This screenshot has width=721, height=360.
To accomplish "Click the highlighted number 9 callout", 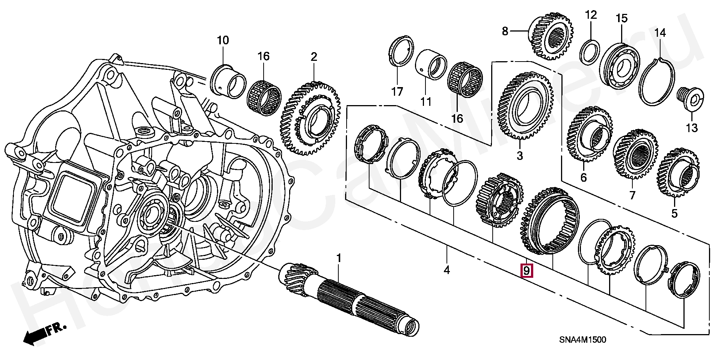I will click(526, 270).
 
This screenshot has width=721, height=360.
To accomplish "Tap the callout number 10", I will click(223, 40).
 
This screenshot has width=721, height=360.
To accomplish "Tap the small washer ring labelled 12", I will click(590, 53).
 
